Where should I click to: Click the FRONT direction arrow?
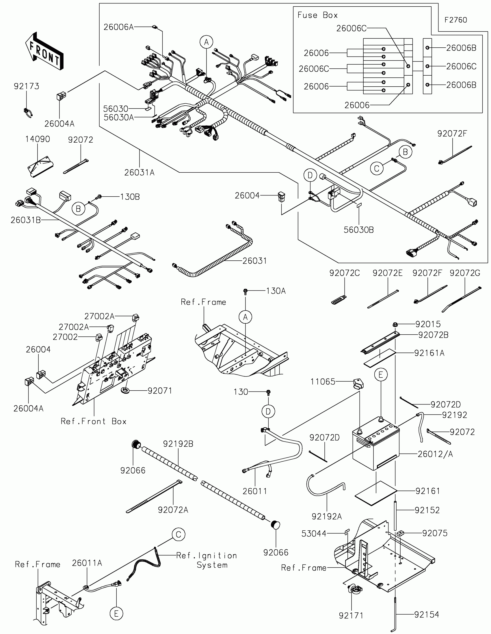click(44, 52)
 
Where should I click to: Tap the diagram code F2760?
click(455, 20)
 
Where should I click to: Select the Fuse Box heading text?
click(317, 15)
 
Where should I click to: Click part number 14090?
click(38, 139)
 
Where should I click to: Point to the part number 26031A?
click(140, 172)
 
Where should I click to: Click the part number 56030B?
click(359, 230)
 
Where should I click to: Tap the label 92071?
click(160, 391)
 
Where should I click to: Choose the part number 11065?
click(323, 381)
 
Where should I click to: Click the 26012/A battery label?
click(435, 454)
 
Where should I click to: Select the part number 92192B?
click(178, 444)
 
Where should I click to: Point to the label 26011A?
click(87, 563)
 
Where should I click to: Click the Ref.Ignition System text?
click(207, 560)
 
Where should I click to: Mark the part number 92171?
click(351, 615)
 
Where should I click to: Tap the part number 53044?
click(314, 533)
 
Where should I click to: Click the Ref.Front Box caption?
click(94, 421)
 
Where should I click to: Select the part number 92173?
click(26, 86)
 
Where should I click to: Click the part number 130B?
click(130, 197)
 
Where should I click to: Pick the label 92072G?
click(465, 273)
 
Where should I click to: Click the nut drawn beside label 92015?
click(395, 324)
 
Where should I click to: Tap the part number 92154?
click(427, 614)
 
